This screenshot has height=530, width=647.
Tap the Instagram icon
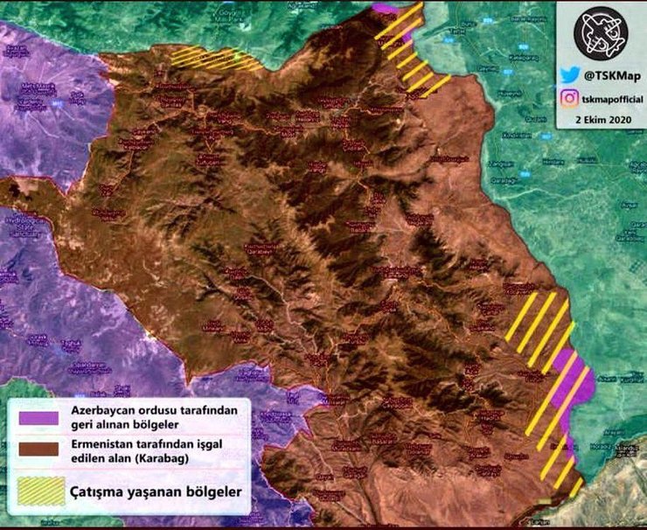click(x=569, y=99)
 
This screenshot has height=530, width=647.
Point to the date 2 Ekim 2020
click(x=601, y=118)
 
